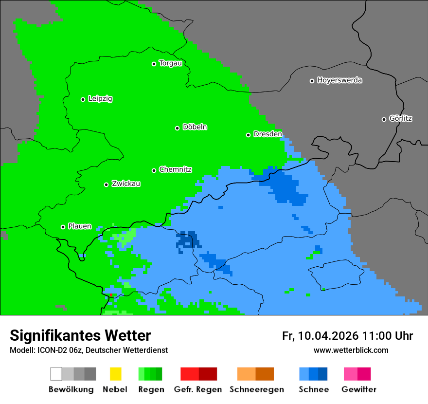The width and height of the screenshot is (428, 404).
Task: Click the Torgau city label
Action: [x=170, y=63]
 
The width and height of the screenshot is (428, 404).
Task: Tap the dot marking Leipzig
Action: [x=83, y=99]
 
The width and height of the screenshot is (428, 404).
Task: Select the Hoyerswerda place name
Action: [x=339, y=80]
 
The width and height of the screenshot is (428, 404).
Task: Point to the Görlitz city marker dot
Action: [x=384, y=119]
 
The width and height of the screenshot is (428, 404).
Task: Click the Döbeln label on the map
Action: [x=195, y=127]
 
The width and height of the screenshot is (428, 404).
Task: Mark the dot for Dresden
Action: [x=248, y=135]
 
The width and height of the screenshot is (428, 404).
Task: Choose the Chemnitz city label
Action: [x=175, y=170]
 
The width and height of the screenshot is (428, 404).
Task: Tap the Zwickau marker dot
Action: [x=106, y=184]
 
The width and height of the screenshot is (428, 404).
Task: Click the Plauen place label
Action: [x=80, y=226]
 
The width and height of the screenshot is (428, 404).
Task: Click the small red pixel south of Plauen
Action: [x=111, y=295]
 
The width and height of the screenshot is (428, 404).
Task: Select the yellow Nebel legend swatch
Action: [x=115, y=374]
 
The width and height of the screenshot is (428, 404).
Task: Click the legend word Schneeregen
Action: [x=257, y=389]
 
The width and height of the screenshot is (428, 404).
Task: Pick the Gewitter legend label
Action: [x=358, y=389]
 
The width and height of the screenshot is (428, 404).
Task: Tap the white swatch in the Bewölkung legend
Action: [x=56, y=374]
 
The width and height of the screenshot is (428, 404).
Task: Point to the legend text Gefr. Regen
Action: [x=198, y=389]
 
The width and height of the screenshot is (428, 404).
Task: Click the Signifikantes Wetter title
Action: [x=80, y=336]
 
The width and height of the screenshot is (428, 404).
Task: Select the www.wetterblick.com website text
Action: [x=351, y=350]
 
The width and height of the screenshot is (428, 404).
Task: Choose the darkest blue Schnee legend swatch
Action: [x=323, y=374]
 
